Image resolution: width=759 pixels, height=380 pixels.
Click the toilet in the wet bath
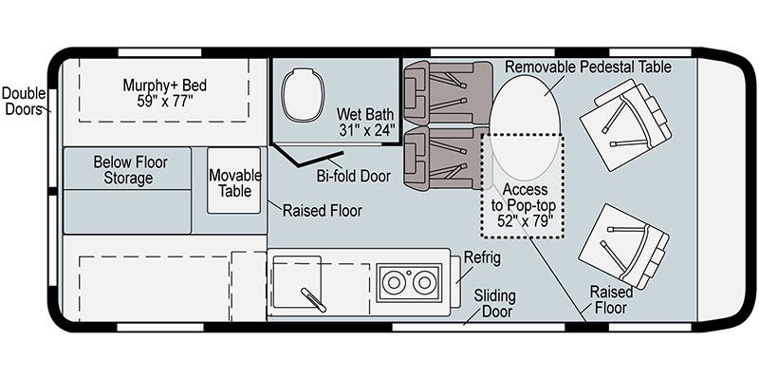(x=304, y=94)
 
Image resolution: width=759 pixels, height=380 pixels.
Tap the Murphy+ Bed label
(x=164, y=93)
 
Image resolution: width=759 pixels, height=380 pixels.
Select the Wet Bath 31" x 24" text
(x=366, y=122)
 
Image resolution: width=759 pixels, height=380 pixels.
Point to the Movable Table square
(x=233, y=180)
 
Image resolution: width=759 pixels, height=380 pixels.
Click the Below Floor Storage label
(x=125, y=170)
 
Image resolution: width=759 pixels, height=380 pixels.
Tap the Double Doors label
(x=23, y=102)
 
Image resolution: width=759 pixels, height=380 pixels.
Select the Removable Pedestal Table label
(x=587, y=66)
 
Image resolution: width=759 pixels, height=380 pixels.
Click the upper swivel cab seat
(x=626, y=123)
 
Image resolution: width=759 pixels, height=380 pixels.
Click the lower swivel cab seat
(x=626, y=245)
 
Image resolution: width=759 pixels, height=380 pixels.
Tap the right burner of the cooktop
(x=422, y=282)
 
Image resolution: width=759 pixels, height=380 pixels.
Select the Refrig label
(x=483, y=258)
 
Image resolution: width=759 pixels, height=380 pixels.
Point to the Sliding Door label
(x=493, y=303)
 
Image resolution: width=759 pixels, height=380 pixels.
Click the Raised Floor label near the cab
(x=611, y=299)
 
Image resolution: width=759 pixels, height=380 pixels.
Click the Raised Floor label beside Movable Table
(x=322, y=210)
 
